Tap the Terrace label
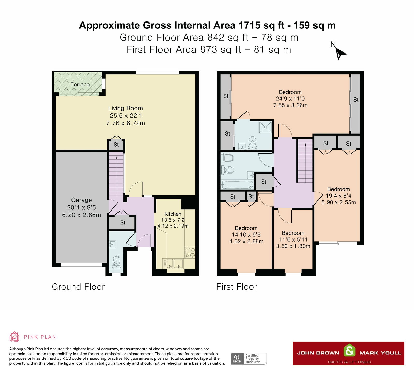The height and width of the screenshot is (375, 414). click(x=80, y=84)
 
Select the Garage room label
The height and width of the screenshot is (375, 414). click(x=81, y=200)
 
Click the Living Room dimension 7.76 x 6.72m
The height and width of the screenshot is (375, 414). click(x=125, y=123)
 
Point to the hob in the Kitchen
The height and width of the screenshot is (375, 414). click(x=190, y=253)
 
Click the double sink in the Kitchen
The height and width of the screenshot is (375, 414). click(x=173, y=263)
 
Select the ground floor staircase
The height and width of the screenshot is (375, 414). click(x=116, y=173)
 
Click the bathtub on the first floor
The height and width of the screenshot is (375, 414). click(x=237, y=185)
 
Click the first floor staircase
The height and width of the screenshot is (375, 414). click(x=305, y=160)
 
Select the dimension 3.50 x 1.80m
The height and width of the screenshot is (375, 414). click(x=293, y=246)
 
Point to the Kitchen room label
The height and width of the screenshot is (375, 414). click(x=173, y=214)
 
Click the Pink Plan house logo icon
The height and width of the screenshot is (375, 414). click(x=14, y=337)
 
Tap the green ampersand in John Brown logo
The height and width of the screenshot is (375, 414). click(x=349, y=351)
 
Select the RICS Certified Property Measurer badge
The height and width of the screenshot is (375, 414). click(x=248, y=359)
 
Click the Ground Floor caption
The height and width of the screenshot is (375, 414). click(x=78, y=287)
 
